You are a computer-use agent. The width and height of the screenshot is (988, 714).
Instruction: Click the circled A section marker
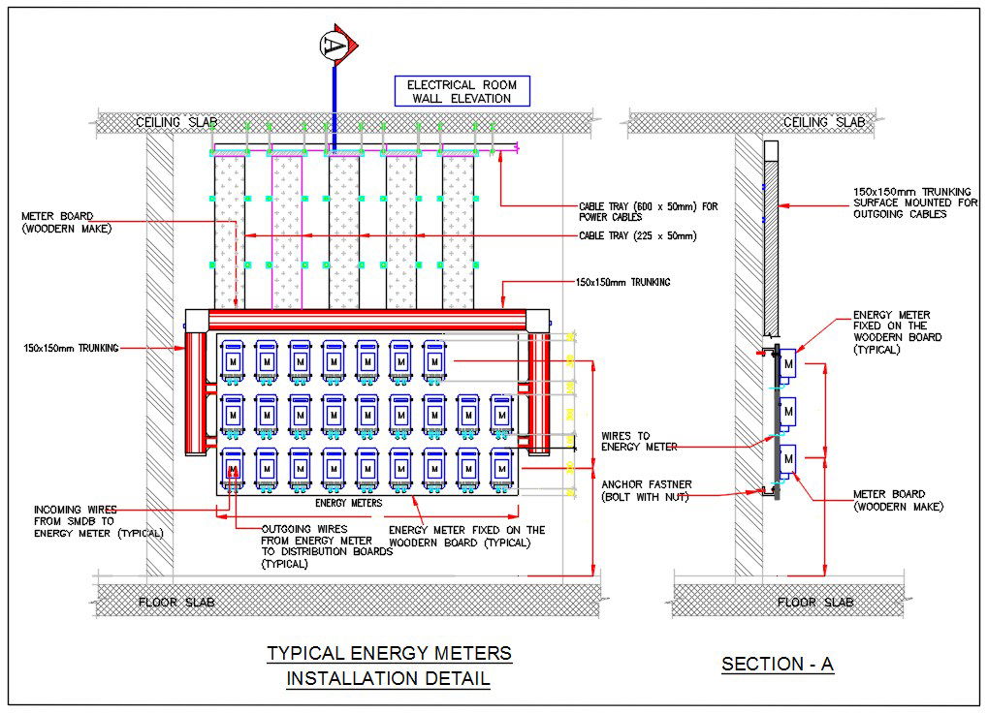tap(335, 45)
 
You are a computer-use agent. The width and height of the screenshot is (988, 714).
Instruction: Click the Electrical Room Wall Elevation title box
tap(462, 91)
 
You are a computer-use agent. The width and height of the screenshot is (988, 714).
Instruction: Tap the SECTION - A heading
tap(778, 664)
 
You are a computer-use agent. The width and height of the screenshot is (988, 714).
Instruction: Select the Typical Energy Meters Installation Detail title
tap(389, 666)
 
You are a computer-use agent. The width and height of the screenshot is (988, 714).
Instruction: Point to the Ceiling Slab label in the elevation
tap(175, 122)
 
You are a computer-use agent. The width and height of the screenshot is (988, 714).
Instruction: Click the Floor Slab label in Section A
tap(815, 602)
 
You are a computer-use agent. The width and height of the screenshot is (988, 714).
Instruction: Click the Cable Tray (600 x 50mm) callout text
tap(648, 211)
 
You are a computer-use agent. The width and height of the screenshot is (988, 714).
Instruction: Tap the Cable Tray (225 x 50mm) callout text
tap(637, 235)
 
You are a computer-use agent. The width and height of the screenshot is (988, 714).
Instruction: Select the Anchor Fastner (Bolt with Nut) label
tap(646, 490)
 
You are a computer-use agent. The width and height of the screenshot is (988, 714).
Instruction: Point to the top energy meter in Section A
tap(789, 362)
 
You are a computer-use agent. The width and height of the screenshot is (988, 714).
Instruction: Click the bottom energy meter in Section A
tap(789, 458)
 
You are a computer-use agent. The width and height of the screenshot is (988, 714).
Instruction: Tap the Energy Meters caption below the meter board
tap(348, 503)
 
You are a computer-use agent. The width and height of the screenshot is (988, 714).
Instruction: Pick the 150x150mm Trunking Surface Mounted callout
tap(911, 202)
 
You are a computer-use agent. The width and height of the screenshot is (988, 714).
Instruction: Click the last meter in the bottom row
tap(501, 468)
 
